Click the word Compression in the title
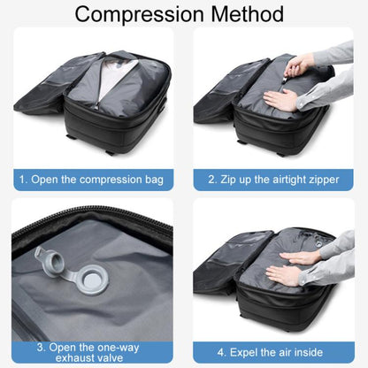(x=139, y=14)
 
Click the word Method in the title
(x=248, y=14)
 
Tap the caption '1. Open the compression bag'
(x=91, y=180)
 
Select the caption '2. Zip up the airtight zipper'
(x=273, y=180)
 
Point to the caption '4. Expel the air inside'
(x=270, y=352)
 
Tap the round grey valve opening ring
(x=94, y=280)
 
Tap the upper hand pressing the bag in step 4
(x=299, y=257)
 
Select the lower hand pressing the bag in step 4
(x=283, y=275)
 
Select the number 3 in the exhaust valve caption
(x=40, y=348)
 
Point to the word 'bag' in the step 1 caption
(x=154, y=180)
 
